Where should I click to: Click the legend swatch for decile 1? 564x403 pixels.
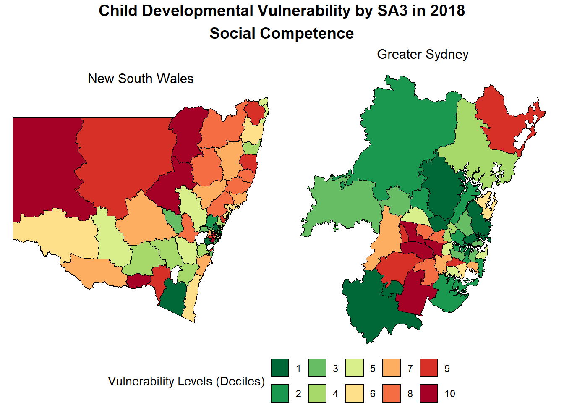pyautogui.click(x=280, y=368)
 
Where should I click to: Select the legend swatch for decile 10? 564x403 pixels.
pyautogui.click(x=429, y=393)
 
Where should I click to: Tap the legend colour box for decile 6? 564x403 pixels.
pyautogui.click(x=354, y=393)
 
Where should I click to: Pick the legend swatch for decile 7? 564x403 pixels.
pyautogui.click(x=392, y=368)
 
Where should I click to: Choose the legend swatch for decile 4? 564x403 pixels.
pyautogui.click(x=317, y=393)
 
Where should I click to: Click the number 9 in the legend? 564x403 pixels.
pyautogui.click(x=447, y=369)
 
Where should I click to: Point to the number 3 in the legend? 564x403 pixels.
pyautogui.click(x=335, y=369)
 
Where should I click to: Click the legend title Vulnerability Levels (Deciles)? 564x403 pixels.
pyautogui.click(x=186, y=381)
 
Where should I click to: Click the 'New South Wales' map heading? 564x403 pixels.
pyautogui.click(x=141, y=79)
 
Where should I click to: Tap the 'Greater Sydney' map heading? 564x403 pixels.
pyautogui.click(x=423, y=54)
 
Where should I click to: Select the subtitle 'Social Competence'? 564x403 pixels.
pyautogui.click(x=282, y=33)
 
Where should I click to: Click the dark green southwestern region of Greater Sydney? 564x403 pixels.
pyautogui.click(x=369, y=306)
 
